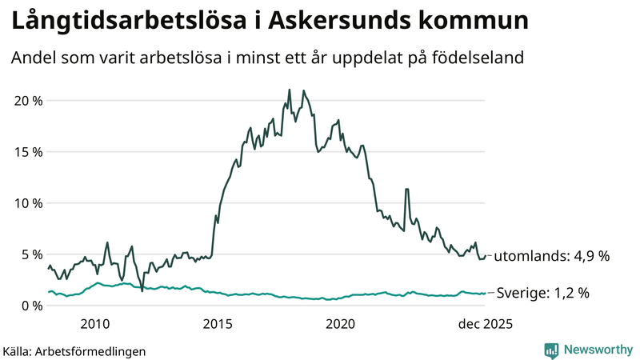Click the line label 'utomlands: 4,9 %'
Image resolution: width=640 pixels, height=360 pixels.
coord(552,257)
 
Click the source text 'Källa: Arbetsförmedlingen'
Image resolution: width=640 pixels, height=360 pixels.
coord(74,350)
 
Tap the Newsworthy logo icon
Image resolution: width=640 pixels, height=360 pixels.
coord(551,350)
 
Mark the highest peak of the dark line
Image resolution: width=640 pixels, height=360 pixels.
coord(289,90)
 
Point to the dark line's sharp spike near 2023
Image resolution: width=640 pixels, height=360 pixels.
coord(407,189)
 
